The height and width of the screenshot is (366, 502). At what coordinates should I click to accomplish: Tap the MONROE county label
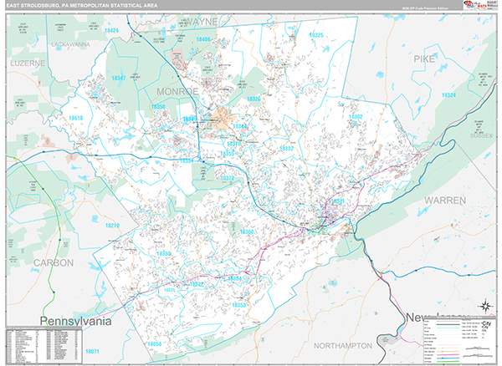click(176, 89)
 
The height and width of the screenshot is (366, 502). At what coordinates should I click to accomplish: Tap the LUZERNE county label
click(29, 63)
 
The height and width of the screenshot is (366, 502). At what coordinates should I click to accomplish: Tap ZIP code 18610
click(76, 119)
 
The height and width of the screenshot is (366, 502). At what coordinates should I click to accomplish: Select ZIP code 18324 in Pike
click(448, 95)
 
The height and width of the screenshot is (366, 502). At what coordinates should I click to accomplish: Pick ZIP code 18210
click(112, 226)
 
